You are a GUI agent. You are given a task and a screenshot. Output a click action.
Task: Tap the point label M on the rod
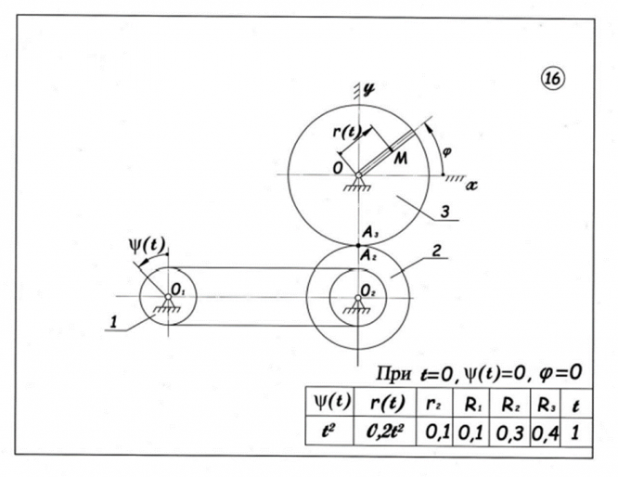coord(400,161)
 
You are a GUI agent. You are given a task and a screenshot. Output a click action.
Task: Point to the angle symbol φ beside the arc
coord(446,152)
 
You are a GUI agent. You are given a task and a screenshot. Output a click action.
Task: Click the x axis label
coord(471,186)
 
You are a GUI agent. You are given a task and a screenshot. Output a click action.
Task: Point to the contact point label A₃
coord(370,235)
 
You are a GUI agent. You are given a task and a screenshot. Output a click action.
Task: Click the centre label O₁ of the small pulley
coord(178,288)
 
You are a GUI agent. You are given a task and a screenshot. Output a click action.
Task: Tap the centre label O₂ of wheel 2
coord(366,288)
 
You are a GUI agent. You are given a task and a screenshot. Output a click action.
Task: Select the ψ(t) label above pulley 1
coord(146,246)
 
